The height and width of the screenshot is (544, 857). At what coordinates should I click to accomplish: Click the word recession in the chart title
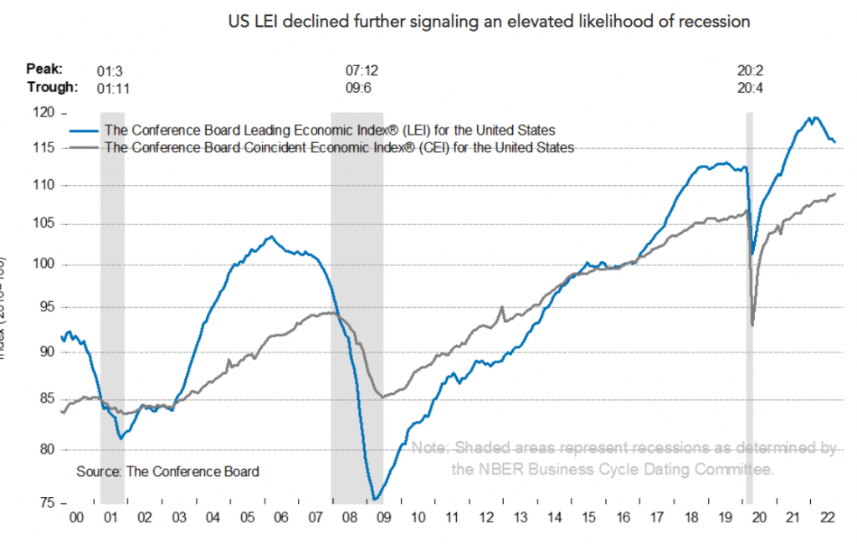[716, 21]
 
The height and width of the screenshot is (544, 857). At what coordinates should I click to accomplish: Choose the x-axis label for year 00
[76, 519]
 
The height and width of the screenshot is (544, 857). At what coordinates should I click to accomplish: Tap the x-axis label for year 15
[590, 519]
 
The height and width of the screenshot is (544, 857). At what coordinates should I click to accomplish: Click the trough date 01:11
[114, 87]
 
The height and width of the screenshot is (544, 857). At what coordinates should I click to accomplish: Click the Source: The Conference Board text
[167, 471]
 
